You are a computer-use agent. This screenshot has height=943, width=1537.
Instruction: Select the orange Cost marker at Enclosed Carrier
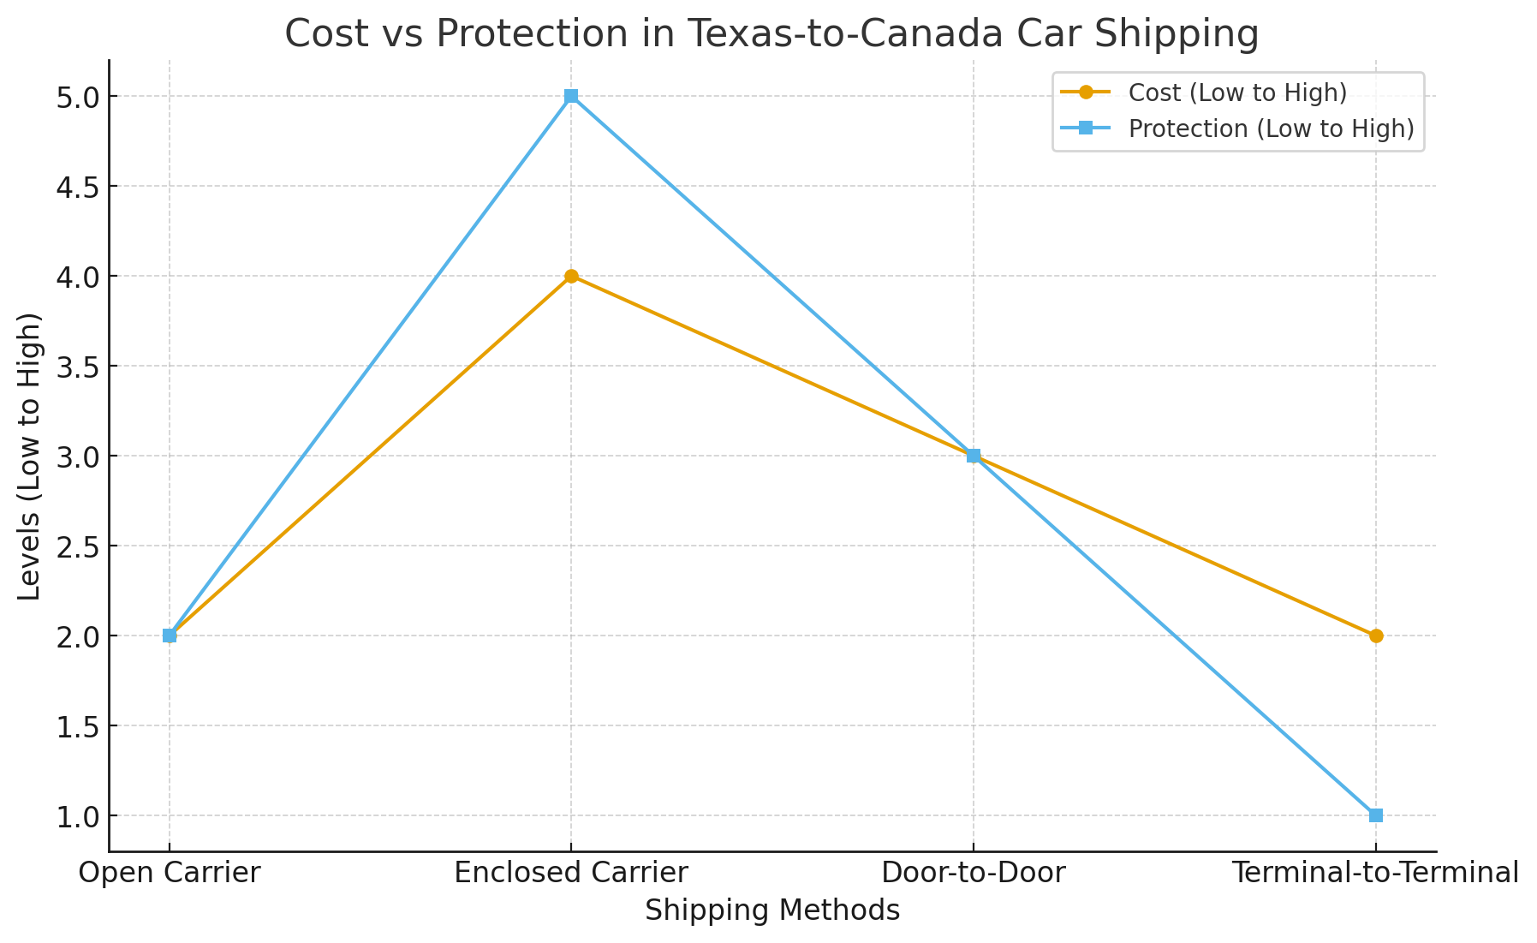[571, 276]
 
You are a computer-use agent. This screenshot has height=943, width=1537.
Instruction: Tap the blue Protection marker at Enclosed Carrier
[571, 96]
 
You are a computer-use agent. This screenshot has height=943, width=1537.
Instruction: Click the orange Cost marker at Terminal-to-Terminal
[1375, 636]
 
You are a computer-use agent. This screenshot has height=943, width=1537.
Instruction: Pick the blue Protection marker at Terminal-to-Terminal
[1375, 815]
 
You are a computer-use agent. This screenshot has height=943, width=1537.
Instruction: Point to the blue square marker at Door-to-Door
[974, 456]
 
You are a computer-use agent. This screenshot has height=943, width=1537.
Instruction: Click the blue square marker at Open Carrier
[170, 636]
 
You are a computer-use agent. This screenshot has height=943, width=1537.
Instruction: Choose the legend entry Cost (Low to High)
[1237, 93]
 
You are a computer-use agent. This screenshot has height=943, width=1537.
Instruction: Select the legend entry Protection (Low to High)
[1271, 128]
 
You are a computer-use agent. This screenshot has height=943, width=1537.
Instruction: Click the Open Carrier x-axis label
[170, 873]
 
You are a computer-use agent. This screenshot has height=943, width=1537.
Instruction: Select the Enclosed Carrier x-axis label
[571, 873]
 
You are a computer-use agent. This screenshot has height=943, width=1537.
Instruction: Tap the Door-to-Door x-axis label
[974, 873]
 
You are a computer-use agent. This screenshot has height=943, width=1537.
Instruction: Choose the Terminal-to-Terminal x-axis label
[1375, 873]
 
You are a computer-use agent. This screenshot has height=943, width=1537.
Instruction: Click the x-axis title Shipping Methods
[772, 910]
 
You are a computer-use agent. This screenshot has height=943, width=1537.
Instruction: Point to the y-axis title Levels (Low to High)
[30, 456]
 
